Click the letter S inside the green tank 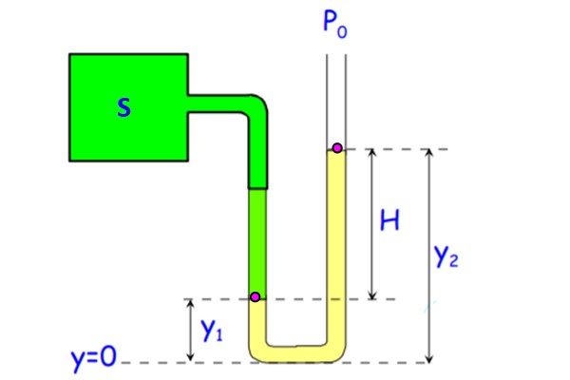[123, 108]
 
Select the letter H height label [390, 222]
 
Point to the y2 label [447, 256]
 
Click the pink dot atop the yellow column [336, 148]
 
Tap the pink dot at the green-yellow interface [255, 297]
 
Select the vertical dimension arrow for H [370, 223]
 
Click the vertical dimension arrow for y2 [430, 256]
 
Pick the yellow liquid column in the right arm [336, 247]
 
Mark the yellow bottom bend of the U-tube [295, 352]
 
